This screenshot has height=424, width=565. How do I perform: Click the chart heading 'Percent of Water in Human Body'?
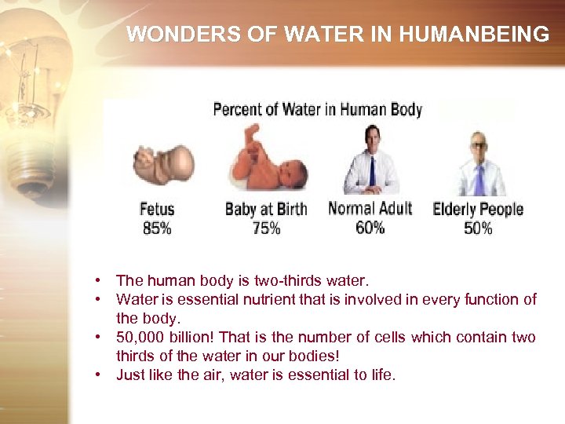[317, 109]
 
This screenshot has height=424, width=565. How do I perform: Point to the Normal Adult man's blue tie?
[372, 171]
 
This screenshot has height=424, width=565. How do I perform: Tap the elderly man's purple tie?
[479, 180]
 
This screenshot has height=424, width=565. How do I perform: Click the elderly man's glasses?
[479, 145]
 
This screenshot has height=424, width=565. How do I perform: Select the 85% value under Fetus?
[157, 228]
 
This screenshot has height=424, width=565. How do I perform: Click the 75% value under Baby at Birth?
[266, 228]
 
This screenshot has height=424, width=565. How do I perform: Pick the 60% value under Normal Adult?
[370, 227]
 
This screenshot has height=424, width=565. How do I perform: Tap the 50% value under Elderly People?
[478, 228]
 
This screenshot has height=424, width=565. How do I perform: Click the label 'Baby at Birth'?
[266, 209]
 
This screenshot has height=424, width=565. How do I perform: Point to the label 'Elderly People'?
[478, 210]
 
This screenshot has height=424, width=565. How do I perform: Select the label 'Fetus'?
[157, 209]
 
